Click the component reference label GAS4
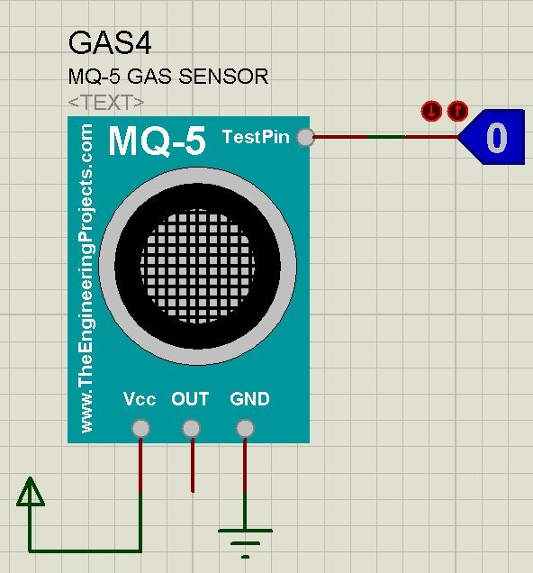tap(110, 43)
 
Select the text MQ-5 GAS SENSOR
tap(168, 77)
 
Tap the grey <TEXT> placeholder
tap(106, 103)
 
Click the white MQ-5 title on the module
tap(158, 141)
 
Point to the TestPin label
tap(256, 137)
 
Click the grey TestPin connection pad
tap(305, 137)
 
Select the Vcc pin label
tap(140, 399)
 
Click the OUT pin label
tap(190, 399)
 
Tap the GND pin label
tap(249, 399)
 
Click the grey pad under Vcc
tap(140, 428)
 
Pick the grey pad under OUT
tap(191, 428)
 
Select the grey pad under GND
tap(245, 428)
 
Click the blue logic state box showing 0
tap(492, 137)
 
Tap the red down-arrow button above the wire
tap(431, 111)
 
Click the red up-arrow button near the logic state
tap(457, 111)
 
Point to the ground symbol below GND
tap(245, 543)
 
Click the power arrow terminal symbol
tap(31, 492)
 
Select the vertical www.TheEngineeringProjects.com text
tap(86, 278)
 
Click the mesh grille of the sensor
tap(197, 266)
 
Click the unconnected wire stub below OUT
tap(193, 465)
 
